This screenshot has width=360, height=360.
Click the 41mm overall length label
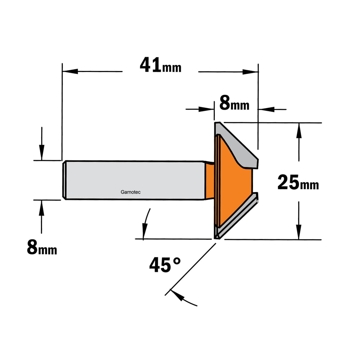click(160, 65)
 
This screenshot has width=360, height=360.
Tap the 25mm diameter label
click(298, 182)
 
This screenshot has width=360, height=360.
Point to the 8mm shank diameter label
click(42, 247)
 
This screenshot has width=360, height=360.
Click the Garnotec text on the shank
click(130, 192)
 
